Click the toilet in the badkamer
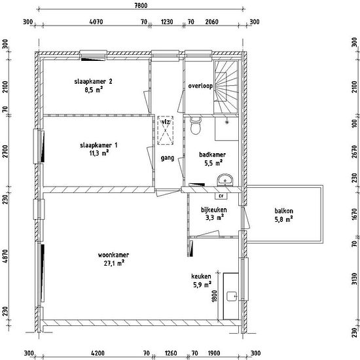(x=196, y=126)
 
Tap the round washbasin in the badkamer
(x=225, y=180)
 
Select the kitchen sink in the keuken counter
(x=232, y=296)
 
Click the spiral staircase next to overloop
(x=226, y=87)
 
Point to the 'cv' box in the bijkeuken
(x=221, y=196)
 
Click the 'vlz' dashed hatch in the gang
(x=166, y=130)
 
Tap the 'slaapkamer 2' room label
(x=93, y=82)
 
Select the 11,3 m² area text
(x=99, y=153)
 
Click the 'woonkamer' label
(x=113, y=255)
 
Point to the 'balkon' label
(x=284, y=211)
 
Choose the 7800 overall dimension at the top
(x=141, y=5)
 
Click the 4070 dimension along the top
(x=96, y=22)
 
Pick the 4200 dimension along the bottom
(x=98, y=353)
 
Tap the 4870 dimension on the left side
(x=5, y=256)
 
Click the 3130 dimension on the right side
(x=355, y=279)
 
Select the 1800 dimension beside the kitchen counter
(x=214, y=296)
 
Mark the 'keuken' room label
(x=201, y=276)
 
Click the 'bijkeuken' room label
(x=214, y=209)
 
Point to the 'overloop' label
(x=200, y=86)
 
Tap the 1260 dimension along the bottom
(x=171, y=353)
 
